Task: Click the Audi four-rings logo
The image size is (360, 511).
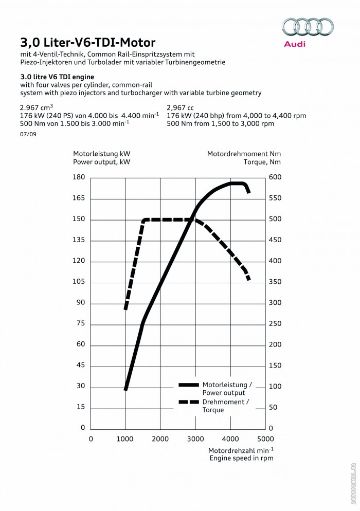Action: click(308, 27)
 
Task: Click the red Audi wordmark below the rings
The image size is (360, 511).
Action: click(295, 44)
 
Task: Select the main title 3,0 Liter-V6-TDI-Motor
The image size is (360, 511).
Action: click(87, 42)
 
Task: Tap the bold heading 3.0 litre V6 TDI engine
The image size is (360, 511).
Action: click(57, 77)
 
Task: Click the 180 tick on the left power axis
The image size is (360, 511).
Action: click(79, 177)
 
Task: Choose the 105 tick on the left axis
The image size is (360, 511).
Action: click(79, 282)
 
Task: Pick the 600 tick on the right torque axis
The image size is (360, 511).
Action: click(275, 177)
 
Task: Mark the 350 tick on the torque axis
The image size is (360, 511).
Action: click(275, 282)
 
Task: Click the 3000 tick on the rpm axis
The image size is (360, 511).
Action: click(195, 439)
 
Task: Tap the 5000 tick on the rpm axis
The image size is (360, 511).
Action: click(265, 439)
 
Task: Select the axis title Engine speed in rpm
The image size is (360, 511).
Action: click(241, 458)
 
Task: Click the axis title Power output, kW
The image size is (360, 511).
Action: click(102, 162)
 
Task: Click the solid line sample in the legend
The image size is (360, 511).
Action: click(188, 385)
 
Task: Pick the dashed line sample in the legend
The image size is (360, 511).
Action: click(188, 402)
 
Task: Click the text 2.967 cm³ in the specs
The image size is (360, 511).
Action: click(36, 108)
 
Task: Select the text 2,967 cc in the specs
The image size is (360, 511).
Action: click(181, 108)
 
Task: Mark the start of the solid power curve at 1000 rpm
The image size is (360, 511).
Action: click(125, 389)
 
